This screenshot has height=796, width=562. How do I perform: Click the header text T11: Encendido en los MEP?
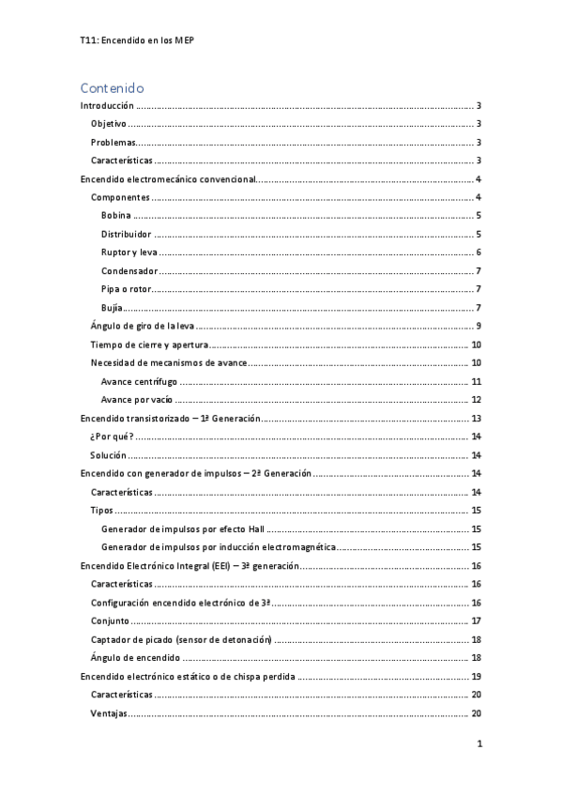click(138, 40)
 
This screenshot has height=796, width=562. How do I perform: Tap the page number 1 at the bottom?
click(478, 744)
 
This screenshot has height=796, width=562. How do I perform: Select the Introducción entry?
click(107, 106)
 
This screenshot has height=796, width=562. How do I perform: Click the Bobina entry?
click(116, 216)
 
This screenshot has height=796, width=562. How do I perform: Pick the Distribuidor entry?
click(126, 234)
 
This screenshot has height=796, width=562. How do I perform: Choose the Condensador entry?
click(128, 270)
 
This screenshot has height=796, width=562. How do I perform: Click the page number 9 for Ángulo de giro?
click(478, 326)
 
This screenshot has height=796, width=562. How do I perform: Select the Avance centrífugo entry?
click(139, 381)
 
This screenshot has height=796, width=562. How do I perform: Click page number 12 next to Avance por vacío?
click(477, 399)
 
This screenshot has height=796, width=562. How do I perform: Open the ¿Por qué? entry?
click(112, 436)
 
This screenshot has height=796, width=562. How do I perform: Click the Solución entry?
click(109, 455)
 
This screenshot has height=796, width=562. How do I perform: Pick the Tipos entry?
click(101, 510)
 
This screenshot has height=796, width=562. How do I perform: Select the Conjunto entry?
click(110, 620)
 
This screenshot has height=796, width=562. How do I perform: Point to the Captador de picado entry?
click(181, 639)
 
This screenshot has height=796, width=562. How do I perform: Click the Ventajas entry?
click(109, 712)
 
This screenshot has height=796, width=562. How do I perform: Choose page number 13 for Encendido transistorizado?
click(477, 418)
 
